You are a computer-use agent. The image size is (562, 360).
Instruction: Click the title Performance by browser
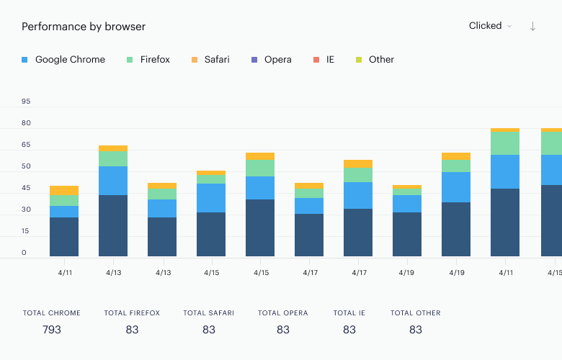[x=84, y=27]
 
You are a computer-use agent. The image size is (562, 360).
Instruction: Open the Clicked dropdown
[x=490, y=26]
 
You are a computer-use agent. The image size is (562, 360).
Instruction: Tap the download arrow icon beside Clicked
[x=532, y=26]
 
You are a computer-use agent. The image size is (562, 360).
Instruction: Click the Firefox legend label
[x=155, y=60]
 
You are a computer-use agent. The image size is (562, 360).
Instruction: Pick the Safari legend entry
[x=210, y=60]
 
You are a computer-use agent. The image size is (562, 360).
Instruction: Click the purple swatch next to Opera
[x=254, y=60]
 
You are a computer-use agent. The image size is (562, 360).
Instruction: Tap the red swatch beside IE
[x=316, y=60]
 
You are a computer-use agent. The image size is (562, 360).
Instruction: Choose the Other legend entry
[x=375, y=60]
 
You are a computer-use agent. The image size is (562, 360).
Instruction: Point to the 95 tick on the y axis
[x=26, y=102]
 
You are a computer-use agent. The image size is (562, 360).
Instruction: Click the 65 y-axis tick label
[x=26, y=145]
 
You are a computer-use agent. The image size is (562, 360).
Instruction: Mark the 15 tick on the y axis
[x=25, y=231]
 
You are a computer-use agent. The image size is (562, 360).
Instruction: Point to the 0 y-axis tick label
[x=24, y=253]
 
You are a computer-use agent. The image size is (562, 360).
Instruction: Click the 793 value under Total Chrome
[x=52, y=330]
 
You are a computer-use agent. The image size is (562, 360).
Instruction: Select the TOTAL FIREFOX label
[x=132, y=313]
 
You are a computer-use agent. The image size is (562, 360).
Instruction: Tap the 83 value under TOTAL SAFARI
[x=209, y=330]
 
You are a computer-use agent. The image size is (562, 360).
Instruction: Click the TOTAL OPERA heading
[x=282, y=313]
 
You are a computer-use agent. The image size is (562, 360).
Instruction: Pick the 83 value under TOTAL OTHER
[x=416, y=330]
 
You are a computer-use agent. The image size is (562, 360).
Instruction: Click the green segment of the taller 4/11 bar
[x=505, y=143]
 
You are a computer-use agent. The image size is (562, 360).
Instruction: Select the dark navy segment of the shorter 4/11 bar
[x=64, y=237]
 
